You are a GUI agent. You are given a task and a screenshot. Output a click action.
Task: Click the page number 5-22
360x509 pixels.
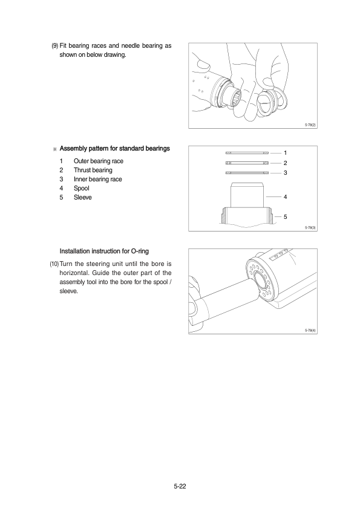coord(180,486)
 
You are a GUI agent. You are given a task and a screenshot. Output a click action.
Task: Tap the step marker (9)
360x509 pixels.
coord(55,46)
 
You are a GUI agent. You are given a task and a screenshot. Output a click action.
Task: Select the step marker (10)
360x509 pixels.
coord(54,264)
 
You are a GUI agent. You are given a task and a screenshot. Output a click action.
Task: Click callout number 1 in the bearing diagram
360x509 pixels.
coord(285,153)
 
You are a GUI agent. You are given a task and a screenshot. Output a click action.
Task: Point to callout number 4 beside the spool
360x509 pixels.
coord(285,196)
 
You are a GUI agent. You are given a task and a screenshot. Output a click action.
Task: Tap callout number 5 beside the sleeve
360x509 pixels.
coord(285,217)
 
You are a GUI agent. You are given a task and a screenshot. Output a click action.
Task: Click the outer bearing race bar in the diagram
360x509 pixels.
coord(247,153)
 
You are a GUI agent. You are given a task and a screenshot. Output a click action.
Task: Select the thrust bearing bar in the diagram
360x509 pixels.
coord(247,163)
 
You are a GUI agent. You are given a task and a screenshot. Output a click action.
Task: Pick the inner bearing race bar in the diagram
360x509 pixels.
coord(247,173)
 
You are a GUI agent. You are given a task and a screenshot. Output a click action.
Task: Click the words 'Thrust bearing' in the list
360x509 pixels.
coord(93,170)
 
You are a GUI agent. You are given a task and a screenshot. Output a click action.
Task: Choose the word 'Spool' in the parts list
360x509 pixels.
coord(82,188)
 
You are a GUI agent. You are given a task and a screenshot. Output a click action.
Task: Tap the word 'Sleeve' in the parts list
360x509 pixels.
coord(83,197)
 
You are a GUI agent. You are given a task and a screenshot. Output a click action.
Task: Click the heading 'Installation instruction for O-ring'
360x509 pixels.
coord(104,251)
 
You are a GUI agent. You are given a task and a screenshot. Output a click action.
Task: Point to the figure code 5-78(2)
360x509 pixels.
coord(310,125)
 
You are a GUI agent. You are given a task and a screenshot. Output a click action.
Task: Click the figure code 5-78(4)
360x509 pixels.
coord(310,331)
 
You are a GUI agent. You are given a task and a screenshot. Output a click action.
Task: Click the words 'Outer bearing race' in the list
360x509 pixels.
coord(99,161)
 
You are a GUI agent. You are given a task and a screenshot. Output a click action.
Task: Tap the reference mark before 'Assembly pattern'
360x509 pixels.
coord(54,149)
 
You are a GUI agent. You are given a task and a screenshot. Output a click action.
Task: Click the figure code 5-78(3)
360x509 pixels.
coord(310,227)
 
